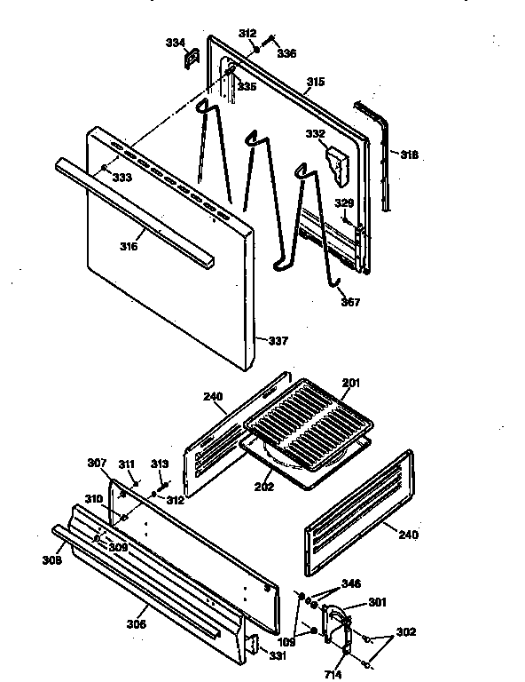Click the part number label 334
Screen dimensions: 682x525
click(x=176, y=42)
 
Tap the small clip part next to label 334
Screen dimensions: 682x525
click(x=188, y=59)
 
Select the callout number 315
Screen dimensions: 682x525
click(x=316, y=82)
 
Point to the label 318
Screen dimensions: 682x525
click(x=408, y=155)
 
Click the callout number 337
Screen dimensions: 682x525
click(x=278, y=340)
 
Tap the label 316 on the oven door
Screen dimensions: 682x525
click(x=129, y=246)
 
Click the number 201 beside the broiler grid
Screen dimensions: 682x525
click(x=352, y=383)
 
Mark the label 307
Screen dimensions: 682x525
click(x=96, y=463)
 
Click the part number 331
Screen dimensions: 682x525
click(x=278, y=655)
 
